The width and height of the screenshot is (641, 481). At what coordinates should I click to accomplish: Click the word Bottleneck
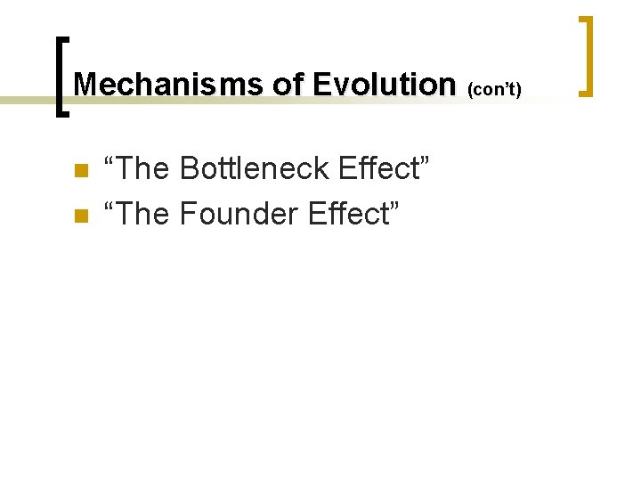point(241,168)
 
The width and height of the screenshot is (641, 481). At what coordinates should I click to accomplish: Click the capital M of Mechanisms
point(85,85)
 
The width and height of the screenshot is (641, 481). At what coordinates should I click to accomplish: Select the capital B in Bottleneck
point(189,168)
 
